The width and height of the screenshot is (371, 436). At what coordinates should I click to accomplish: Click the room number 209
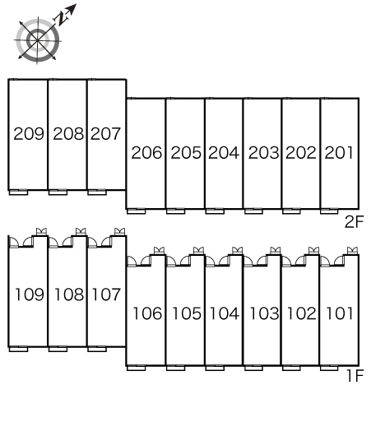[29, 134]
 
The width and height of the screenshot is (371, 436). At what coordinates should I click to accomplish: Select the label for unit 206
[146, 153]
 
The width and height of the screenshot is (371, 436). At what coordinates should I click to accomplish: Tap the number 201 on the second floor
[339, 153]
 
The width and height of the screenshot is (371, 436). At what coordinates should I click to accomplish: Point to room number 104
[224, 313]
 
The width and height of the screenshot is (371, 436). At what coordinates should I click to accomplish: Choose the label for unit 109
[30, 295]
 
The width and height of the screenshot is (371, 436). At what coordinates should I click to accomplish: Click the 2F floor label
[354, 221]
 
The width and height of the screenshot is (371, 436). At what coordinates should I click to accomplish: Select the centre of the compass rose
[38, 40]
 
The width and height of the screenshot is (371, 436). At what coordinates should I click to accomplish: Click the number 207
[105, 134]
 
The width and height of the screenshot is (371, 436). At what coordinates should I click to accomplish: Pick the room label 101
[340, 313]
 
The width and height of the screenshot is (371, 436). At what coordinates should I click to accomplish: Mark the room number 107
[106, 295]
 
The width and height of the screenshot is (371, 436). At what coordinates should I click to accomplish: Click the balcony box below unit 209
[18, 192]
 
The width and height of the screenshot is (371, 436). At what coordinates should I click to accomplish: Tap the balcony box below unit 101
[329, 368]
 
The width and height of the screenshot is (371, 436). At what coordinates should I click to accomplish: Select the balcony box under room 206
[137, 211]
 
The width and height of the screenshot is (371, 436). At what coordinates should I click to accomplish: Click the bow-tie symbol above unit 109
[42, 231]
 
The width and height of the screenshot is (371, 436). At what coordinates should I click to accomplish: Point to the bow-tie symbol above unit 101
[352, 250]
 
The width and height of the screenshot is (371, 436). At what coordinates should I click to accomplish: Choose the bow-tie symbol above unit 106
[159, 250]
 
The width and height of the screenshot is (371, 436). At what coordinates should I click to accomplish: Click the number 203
[263, 153]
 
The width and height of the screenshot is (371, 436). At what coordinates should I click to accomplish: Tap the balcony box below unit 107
[97, 349]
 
